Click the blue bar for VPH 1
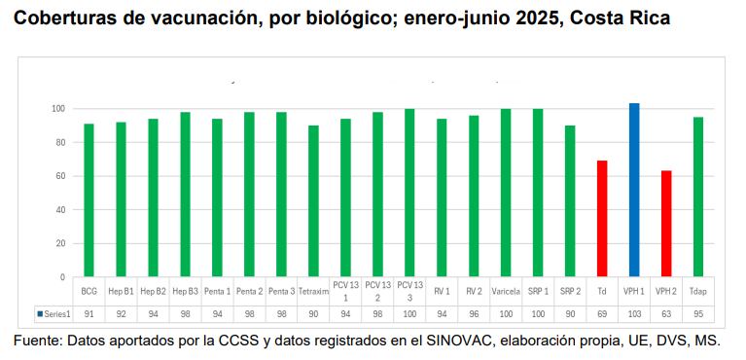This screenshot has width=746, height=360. [x=634, y=190]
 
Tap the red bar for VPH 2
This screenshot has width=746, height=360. [x=666, y=224]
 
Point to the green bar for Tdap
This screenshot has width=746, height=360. [x=698, y=197]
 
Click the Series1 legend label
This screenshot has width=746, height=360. [x=54, y=314]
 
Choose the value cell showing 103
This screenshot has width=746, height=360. [x=634, y=314]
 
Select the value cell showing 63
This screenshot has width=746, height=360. [x=666, y=314]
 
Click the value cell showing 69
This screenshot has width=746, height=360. [x=602, y=314]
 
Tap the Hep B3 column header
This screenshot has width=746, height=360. [x=185, y=291]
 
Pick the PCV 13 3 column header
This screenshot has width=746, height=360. [x=409, y=291]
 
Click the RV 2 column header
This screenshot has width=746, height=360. [x=474, y=291]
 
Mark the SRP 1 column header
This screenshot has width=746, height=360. [x=538, y=291]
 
